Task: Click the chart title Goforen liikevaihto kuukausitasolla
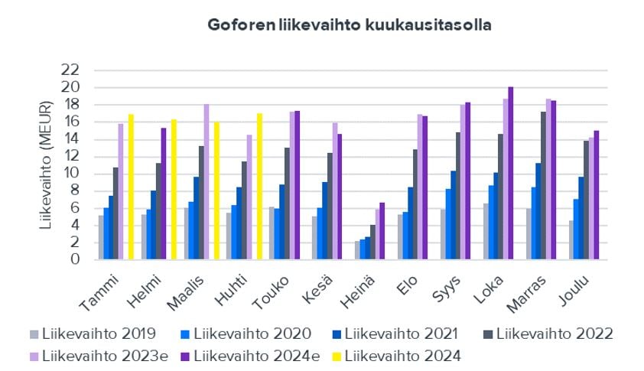(x=350, y=24)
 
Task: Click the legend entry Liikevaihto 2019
(x=100, y=333)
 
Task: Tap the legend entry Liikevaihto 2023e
(x=104, y=355)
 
